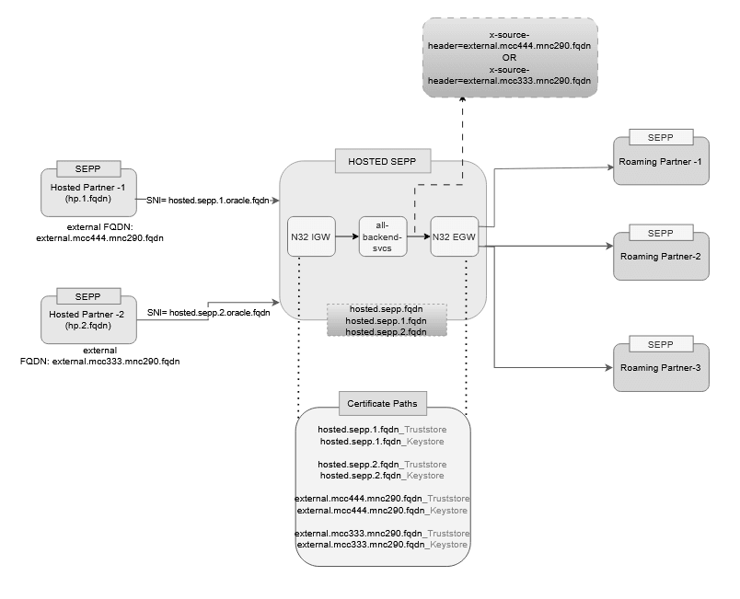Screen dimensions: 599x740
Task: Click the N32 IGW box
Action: click(309, 236)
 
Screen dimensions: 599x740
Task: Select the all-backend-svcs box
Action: click(382, 236)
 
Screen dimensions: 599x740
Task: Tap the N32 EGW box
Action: click(454, 236)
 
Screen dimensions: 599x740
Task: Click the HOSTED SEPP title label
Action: click(382, 161)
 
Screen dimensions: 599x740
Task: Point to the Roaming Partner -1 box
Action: click(660, 163)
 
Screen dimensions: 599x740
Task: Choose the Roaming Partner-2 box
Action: click(660, 255)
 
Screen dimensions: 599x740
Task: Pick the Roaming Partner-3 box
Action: click(660, 367)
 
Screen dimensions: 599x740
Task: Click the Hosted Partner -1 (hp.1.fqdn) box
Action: click(88, 193)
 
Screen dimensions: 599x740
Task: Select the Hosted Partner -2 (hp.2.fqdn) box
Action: click(88, 320)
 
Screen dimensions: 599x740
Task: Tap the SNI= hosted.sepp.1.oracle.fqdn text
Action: click(207, 200)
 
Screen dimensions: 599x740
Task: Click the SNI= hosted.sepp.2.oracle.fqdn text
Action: click(207, 313)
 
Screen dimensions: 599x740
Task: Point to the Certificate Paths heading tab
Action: click(382, 404)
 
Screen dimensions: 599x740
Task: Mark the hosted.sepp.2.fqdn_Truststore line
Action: click(382, 465)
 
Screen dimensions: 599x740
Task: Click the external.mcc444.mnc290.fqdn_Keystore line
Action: click(382, 510)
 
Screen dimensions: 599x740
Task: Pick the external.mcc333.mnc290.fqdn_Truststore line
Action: click(382, 534)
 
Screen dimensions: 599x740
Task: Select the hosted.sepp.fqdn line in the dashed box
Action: click(387, 310)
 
